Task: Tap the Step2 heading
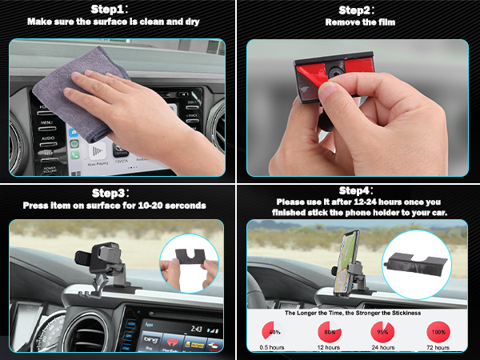(359, 10)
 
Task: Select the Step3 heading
(118, 193)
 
